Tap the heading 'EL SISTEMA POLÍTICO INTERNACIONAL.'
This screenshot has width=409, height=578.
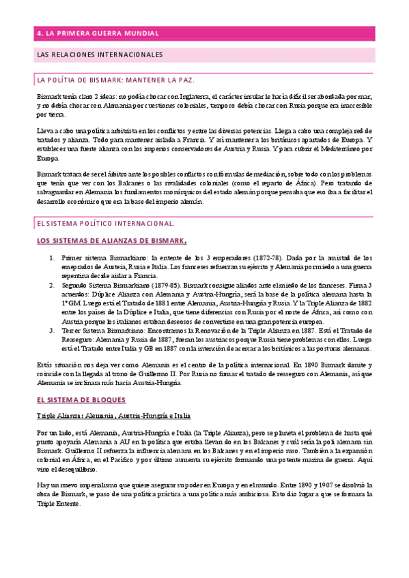(106, 223)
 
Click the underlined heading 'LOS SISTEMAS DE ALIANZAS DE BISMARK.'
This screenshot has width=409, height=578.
(111, 241)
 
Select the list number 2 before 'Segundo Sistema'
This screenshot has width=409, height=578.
(53, 284)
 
